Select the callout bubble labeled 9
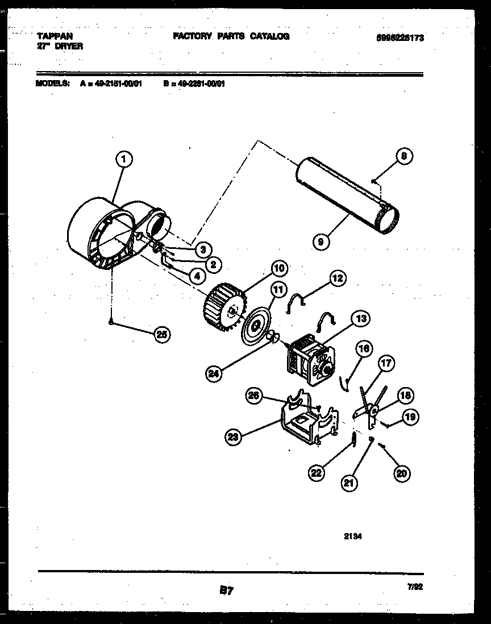[x=321, y=242]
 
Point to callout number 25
[x=163, y=335]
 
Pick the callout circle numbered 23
[x=232, y=436]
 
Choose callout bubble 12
[x=337, y=278]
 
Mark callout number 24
[x=214, y=373]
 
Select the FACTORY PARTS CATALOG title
[x=231, y=36]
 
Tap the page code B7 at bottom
[x=226, y=591]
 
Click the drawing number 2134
[x=353, y=535]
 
